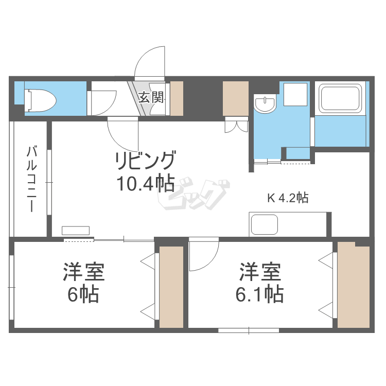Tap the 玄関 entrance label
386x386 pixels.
(151, 96)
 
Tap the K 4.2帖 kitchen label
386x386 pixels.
(287, 198)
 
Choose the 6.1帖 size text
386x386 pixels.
(259, 295)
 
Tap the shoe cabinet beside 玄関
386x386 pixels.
(177, 98)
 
